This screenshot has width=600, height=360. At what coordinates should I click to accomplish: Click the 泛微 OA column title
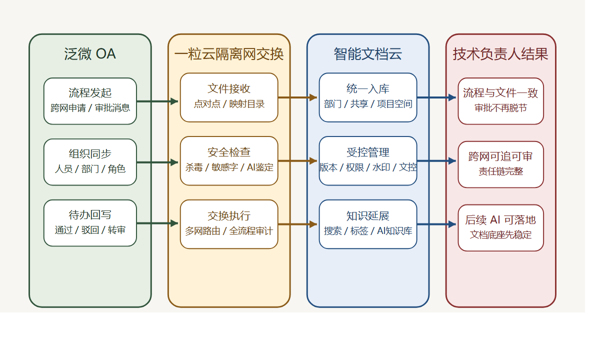click(90, 54)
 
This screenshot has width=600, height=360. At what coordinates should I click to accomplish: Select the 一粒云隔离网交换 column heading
click(229, 54)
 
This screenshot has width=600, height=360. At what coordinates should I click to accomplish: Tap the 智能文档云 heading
click(368, 54)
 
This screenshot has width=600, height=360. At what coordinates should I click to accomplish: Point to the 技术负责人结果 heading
click(500, 54)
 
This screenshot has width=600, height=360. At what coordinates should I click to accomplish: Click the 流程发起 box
click(90, 101)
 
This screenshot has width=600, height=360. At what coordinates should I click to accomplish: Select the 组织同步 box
click(90, 162)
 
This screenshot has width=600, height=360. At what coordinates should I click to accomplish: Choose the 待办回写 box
click(90, 223)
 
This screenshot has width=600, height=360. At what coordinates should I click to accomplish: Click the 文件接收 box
click(229, 97)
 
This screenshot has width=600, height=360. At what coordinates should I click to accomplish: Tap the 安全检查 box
click(229, 160)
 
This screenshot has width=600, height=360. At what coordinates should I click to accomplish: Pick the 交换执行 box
click(229, 224)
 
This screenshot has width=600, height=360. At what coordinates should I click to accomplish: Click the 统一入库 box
click(368, 97)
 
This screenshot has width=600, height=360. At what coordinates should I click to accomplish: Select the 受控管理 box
click(368, 160)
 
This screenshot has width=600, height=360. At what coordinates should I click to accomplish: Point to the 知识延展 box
click(368, 224)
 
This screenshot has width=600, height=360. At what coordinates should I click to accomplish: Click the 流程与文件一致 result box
click(500, 101)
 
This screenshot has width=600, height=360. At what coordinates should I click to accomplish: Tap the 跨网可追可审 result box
click(500, 164)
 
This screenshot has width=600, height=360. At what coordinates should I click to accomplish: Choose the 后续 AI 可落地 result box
click(500, 227)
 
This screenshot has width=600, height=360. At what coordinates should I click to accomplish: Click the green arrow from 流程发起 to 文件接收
click(158, 101)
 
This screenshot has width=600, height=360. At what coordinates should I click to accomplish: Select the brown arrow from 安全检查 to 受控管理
click(298, 161)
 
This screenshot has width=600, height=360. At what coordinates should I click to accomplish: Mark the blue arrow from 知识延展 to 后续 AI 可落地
click(437, 224)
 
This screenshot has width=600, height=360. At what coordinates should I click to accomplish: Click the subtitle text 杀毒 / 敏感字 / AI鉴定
click(229, 167)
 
